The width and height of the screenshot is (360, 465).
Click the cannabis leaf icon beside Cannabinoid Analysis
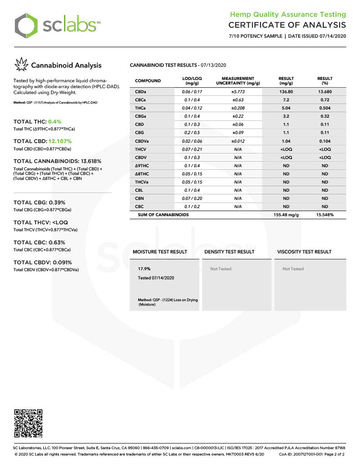(x=21, y=65)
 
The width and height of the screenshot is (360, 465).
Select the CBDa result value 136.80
(x=286, y=92)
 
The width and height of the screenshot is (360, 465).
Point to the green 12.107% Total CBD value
(x=58, y=141)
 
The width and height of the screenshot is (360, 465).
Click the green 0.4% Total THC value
(x=53, y=122)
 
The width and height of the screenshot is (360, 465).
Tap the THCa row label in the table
(x=140, y=108)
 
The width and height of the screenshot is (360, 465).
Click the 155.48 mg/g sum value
(x=286, y=215)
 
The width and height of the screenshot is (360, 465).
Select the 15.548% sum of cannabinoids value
(x=325, y=215)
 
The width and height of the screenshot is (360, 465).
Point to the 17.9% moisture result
(x=144, y=269)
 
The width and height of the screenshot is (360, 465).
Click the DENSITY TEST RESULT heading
(x=230, y=252)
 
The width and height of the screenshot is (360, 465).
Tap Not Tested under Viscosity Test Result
(x=293, y=269)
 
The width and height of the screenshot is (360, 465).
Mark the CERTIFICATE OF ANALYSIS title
(x=287, y=25)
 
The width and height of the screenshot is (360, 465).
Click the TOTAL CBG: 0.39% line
(x=39, y=203)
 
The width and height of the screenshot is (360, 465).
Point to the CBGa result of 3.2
(x=286, y=116)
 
